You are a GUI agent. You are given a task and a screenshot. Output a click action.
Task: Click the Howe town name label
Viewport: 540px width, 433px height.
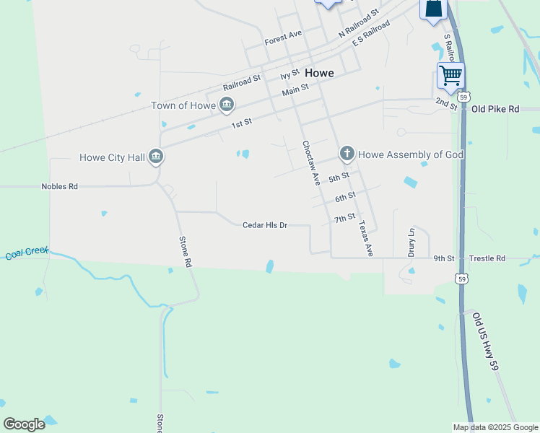coord(319,73)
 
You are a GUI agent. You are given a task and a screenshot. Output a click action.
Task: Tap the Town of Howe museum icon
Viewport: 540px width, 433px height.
coord(227,105)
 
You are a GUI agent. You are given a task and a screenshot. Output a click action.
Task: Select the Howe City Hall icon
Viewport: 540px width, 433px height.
coord(156,157)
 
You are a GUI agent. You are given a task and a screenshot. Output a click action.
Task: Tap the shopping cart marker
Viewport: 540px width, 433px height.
coord(450,75)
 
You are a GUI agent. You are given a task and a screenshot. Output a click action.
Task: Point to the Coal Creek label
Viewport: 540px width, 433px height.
coord(27,253)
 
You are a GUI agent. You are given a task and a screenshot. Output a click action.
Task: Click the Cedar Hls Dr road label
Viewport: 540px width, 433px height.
coord(265,225)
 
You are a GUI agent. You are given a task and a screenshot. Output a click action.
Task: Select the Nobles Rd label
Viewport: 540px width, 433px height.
coord(59,186)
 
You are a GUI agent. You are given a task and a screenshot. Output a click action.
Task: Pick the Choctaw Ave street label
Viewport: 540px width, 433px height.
coord(310,163)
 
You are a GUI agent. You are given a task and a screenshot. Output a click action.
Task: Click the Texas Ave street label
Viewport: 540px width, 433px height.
coord(365,238)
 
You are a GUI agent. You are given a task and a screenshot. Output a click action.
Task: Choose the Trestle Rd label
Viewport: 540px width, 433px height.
coord(487,258)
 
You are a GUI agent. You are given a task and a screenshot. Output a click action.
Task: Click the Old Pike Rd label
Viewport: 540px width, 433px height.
coord(495,109)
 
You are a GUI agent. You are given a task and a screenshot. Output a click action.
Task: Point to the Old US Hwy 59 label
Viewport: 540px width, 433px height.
coord(487,338)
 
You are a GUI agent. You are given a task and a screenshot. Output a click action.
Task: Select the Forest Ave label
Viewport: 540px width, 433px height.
coord(283,35)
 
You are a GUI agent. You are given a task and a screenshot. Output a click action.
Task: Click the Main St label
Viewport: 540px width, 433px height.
coord(295,89)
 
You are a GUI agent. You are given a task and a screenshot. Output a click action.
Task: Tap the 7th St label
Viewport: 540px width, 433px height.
coord(344,217)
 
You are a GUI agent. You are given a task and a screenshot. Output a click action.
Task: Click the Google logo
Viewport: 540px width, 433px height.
coord(24,424)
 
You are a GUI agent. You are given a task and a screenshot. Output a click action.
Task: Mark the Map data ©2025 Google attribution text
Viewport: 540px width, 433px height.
coord(495,427)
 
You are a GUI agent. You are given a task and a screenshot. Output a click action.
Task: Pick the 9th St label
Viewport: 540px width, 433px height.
coord(444,258)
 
